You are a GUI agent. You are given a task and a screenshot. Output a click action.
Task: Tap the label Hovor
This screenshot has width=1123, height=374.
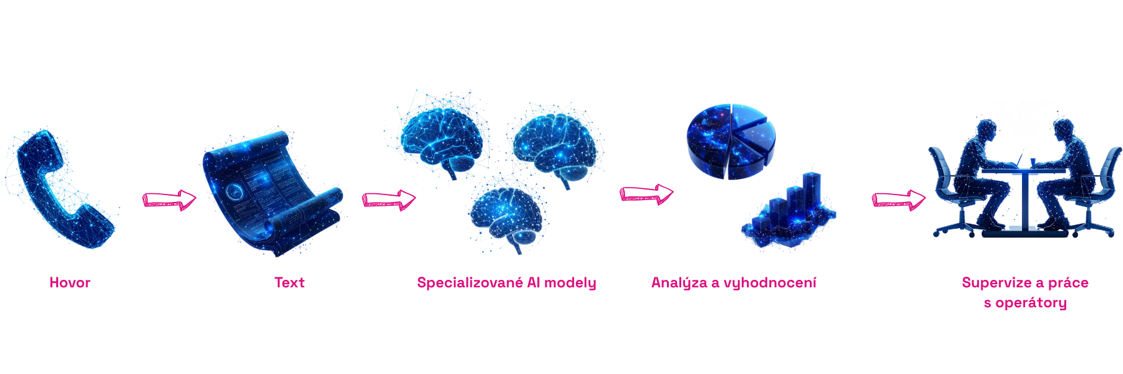(x=70, y=282)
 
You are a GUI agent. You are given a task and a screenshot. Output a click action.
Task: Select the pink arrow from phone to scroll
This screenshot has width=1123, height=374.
(x=169, y=199)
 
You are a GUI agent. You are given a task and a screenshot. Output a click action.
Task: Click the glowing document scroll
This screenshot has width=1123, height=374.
(x=271, y=193)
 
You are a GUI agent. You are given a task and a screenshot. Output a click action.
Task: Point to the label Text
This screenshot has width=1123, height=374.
(x=289, y=282)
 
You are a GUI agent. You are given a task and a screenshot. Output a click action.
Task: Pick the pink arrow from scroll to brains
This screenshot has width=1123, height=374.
(x=389, y=200)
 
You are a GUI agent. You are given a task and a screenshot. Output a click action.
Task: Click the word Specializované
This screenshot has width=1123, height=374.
(x=470, y=282)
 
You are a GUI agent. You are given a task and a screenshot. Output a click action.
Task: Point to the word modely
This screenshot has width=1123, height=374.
(x=570, y=283)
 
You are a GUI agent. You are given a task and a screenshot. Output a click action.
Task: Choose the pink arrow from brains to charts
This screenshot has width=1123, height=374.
(x=646, y=194)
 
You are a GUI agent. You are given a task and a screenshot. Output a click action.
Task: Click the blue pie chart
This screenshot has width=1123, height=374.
(x=731, y=140)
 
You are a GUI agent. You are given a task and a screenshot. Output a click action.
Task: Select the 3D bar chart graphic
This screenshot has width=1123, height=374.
(x=790, y=209)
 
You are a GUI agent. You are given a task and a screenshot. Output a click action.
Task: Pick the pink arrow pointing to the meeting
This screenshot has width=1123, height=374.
(x=898, y=199)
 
